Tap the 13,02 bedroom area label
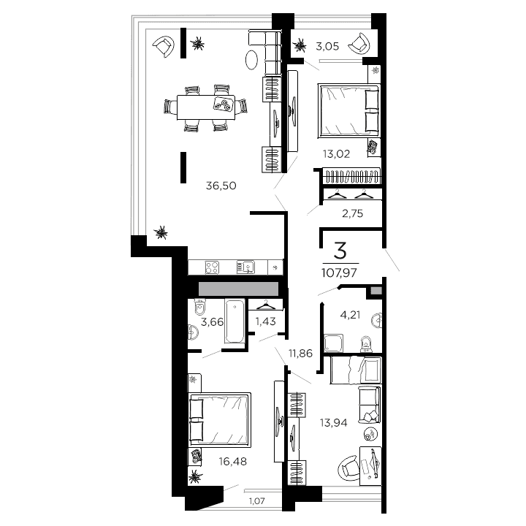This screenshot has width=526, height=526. point(337,153)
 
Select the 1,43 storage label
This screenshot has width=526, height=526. point(265,321)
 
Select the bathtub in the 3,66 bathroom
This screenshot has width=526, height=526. point(235,321)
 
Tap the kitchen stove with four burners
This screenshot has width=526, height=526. point(213,267)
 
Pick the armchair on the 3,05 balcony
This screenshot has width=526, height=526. point(359,44)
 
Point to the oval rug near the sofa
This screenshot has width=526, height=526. point(251,58)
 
